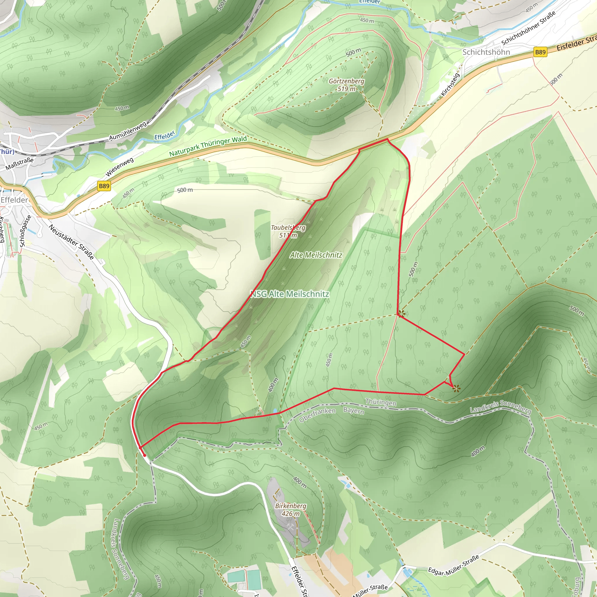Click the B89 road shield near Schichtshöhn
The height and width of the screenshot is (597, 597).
[x=540, y=52]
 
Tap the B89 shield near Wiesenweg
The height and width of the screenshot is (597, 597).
[x=104, y=186]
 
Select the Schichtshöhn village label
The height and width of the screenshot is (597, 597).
[x=486, y=52]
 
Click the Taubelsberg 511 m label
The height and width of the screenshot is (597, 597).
[x=288, y=231]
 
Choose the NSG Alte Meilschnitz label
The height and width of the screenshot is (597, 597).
[x=289, y=294]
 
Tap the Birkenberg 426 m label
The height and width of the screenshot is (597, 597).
[x=290, y=510]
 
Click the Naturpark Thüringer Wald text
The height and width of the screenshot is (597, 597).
[x=208, y=146]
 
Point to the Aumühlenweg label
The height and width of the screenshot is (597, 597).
[x=128, y=131]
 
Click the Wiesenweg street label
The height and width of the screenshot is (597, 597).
[x=120, y=167]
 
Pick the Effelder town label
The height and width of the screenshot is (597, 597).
[x=14, y=200]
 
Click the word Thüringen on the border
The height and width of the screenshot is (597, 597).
[x=380, y=402]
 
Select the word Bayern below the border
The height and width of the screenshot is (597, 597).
[x=354, y=410]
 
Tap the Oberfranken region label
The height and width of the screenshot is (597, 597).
[x=317, y=415]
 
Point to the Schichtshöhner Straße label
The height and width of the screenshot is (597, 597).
[x=528, y=28]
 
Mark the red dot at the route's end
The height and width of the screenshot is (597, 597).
[x=144, y=455]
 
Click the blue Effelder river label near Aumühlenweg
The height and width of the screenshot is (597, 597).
[x=164, y=135]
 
